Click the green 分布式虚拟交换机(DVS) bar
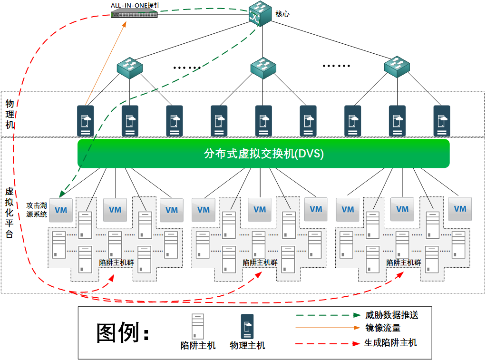[x=263, y=154]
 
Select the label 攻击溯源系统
[x=37, y=210]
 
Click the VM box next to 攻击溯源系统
[x=61, y=210]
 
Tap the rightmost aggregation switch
[x=397, y=67]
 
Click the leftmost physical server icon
[x=86, y=121]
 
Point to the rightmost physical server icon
[x=442, y=121]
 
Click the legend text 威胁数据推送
[x=391, y=315]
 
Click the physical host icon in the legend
[x=247, y=326]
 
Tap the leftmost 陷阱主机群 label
[x=116, y=262]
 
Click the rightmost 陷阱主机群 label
[x=404, y=262]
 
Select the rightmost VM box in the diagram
[x=460, y=209]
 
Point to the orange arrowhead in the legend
[x=356, y=328]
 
